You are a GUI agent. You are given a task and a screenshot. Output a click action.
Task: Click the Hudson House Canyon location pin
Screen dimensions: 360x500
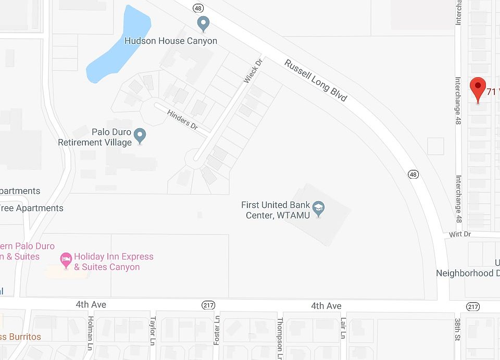pyautogui.click(x=204, y=23)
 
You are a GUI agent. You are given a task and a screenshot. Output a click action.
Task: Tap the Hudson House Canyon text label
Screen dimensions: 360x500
pyautogui.click(x=171, y=41)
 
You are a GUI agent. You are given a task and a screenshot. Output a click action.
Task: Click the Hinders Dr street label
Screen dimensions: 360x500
pyautogui.click(x=182, y=120)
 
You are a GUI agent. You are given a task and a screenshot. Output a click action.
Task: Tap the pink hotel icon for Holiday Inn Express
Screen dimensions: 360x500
pyautogui.click(x=66, y=258)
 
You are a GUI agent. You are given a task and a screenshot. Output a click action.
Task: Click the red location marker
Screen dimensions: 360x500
pyautogui.click(x=478, y=89)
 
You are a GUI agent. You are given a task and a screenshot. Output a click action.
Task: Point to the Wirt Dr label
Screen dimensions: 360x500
pyautogui.click(x=460, y=234)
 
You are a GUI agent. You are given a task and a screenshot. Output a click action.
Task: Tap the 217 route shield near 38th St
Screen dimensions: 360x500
pyautogui.click(x=473, y=306)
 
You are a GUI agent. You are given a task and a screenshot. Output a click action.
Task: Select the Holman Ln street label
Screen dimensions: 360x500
pyautogui.click(x=90, y=327)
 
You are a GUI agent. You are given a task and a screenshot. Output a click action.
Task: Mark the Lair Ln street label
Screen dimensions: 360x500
pyautogui.click(x=343, y=328)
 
